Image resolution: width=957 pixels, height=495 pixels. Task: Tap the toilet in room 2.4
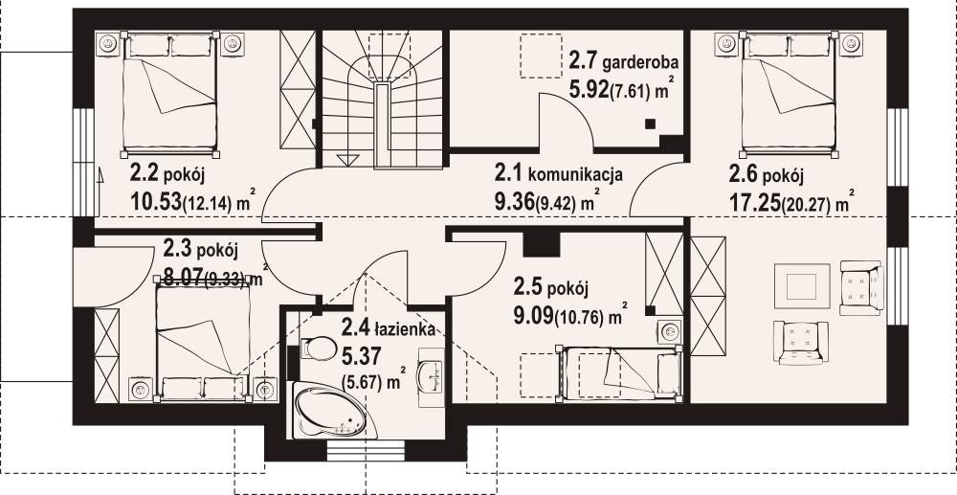tap(312, 348)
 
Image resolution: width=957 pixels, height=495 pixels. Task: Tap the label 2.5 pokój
tap(549, 286)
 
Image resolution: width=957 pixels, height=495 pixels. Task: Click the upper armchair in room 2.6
tap(857, 285)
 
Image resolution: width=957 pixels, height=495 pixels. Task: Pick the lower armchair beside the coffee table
tap(801, 340)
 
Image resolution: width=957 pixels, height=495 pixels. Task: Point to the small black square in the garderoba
tap(651, 123)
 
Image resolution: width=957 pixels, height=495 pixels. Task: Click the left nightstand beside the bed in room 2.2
tap(108, 43)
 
